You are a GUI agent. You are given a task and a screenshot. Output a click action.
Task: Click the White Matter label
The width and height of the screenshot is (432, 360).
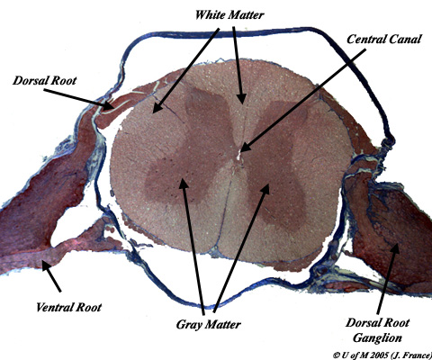[x=229, y=15]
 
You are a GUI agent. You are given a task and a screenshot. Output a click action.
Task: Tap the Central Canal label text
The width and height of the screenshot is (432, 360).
[x=384, y=40]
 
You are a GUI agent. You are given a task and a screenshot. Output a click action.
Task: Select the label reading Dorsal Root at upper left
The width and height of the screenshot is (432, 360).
[x=44, y=80]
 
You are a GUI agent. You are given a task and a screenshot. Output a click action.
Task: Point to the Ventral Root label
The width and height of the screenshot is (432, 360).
[x=68, y=307]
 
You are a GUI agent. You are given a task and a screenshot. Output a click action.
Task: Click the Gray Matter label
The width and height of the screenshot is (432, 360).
[x=209, y=324]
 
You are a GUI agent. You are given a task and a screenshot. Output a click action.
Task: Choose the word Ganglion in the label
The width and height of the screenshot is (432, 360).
[x=377, y=337]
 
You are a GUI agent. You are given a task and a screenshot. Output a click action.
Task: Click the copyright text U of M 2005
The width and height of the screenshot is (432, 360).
[x=382, y=355]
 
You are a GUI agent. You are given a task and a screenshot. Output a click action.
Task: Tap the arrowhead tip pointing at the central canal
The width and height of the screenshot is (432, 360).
[x=241, y=151]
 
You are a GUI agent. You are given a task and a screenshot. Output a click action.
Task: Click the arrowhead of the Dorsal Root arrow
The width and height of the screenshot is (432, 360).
[x=113, y=108]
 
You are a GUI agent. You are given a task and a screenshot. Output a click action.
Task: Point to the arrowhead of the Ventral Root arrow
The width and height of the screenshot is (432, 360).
[x=42, y=261]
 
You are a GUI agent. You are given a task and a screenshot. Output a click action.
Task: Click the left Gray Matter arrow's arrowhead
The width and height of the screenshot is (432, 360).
[x=183, y=178]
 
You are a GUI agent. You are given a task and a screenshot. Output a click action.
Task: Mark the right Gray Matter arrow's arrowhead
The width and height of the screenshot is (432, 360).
[x=268, y=184]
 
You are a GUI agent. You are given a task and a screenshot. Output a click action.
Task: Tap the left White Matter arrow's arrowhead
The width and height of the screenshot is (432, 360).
[x=153, y=113]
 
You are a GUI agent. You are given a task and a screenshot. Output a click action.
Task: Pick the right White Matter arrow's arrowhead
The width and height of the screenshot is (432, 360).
[x=242, y=104]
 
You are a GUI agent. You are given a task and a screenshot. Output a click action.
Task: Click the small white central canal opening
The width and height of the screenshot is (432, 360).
[x=239, y=156]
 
